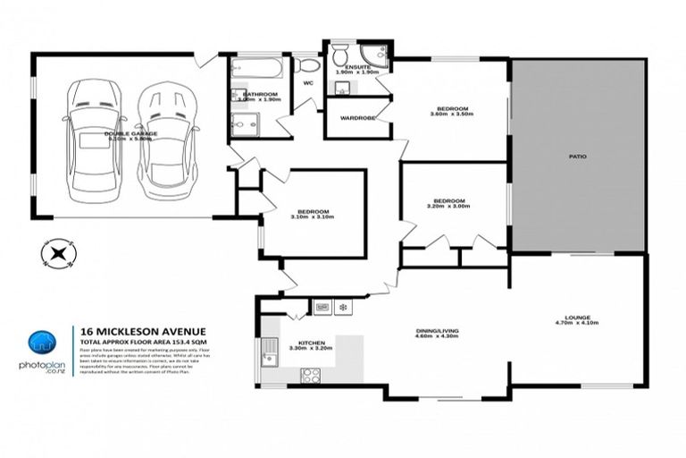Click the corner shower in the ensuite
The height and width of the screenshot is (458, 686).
click(x=376, y=56)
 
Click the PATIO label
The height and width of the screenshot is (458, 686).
click(x=577, y=156)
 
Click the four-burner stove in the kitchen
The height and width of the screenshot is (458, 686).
click(x=312, y=376)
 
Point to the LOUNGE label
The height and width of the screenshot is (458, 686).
click(x=578, y=317)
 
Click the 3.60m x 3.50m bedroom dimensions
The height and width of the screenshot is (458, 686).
click(x=449, y=114)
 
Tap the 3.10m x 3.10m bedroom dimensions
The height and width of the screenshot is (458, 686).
click(x=312, y=216)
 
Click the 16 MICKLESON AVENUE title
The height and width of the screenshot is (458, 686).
click(x=124, y=329)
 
